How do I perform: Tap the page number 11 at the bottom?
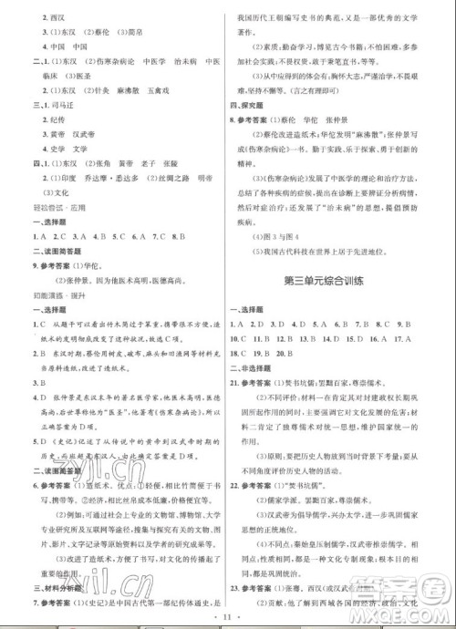click(227, 617)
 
